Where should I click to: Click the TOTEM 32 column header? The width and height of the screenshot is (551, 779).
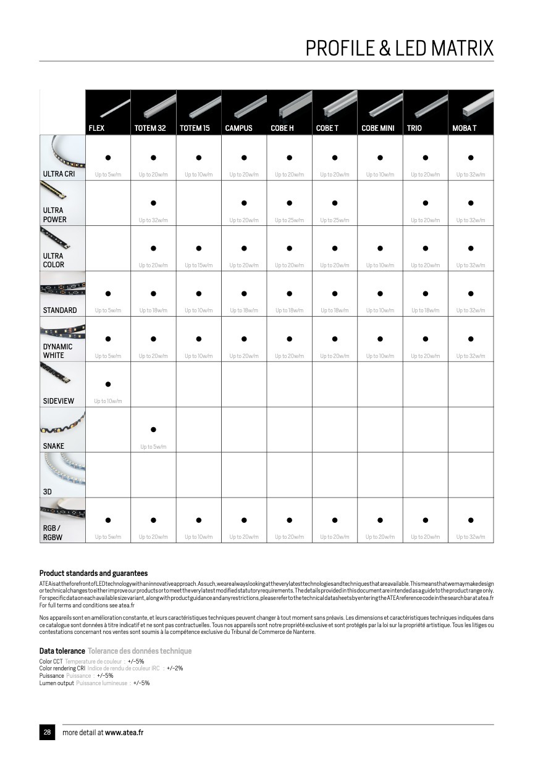(150, 128)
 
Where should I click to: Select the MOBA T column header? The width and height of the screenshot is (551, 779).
(464, 128)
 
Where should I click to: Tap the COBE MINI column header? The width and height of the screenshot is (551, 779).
(377, 128)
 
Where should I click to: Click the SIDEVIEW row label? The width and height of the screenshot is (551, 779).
(59, 401)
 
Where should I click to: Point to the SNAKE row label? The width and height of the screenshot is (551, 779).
(54, 446)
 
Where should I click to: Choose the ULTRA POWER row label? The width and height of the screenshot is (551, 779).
(55, 215)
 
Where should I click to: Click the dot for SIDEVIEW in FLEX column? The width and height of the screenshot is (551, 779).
(108, 385)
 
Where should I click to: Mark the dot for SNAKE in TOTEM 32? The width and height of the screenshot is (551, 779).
(153, 430)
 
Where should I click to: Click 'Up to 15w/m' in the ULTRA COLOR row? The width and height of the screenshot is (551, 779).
(198, 265)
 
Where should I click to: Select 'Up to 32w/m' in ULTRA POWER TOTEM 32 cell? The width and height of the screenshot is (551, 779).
(153, 220)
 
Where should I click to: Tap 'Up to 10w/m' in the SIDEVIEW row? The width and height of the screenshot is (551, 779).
(108, 401)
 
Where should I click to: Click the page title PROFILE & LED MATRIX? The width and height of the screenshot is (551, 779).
(400, 48)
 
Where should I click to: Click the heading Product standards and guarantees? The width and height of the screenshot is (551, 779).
(93, 573)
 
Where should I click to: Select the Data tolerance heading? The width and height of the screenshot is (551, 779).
(62, 651)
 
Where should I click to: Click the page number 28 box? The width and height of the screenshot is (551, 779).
(47, 732)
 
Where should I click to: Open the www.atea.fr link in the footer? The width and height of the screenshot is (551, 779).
(124, 733)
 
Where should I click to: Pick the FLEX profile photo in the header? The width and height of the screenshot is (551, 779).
(108, 106)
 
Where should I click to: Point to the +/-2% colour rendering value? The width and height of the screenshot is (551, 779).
(175, 669)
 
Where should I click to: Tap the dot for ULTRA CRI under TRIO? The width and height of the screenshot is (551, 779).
(426, 158)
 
